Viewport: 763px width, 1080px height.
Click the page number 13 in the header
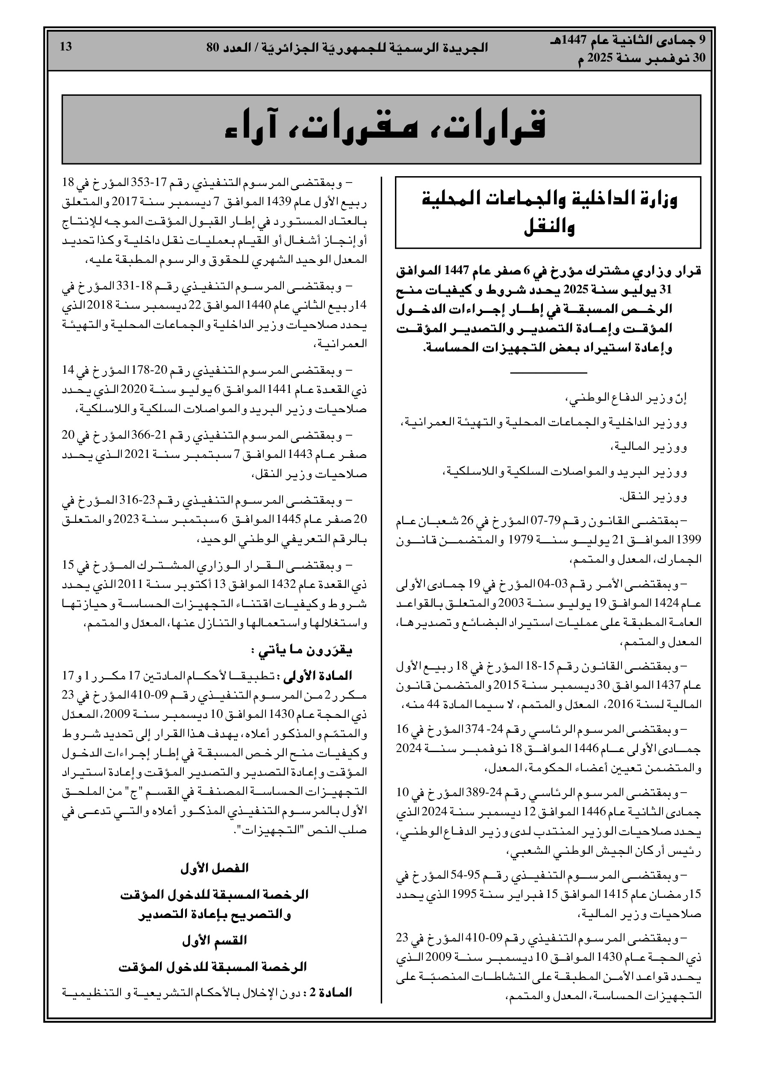66,47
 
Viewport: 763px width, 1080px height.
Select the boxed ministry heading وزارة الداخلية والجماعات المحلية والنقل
548,213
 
